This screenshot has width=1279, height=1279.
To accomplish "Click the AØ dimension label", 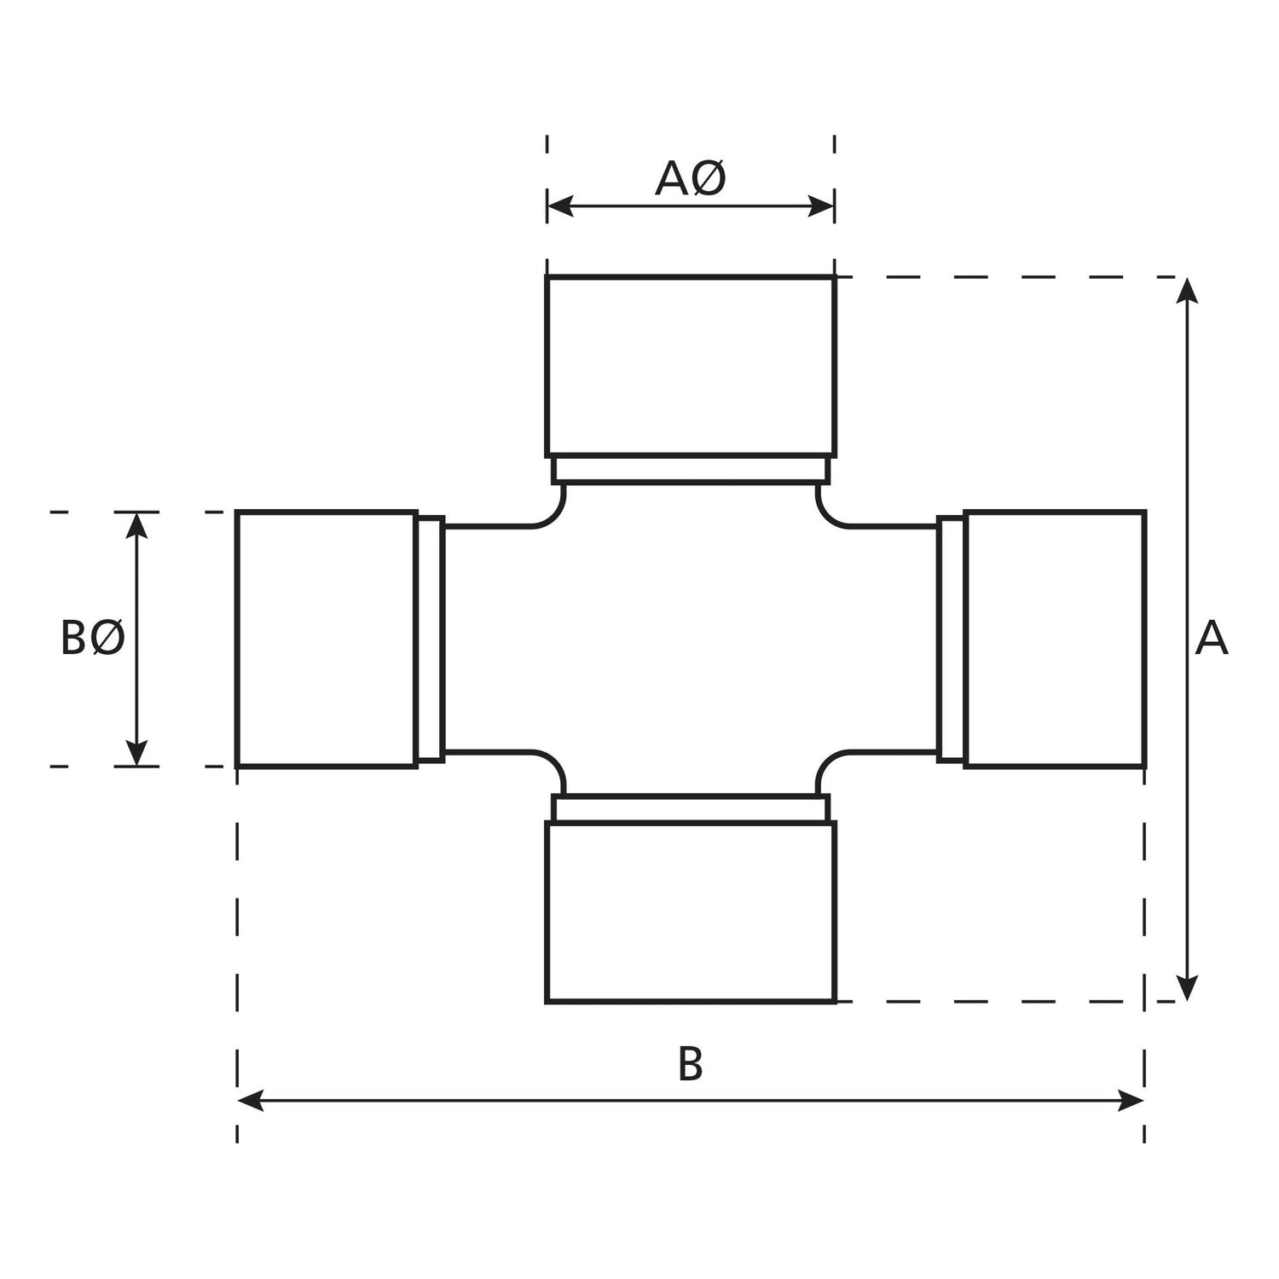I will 690,179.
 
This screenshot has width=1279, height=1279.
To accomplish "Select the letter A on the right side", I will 1211,639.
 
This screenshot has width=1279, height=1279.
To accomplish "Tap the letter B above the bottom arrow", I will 690,1064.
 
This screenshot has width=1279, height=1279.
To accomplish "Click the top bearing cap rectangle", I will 691,366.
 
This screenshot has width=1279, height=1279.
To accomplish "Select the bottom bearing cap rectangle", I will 691,912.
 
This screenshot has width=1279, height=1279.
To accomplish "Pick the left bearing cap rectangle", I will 327,639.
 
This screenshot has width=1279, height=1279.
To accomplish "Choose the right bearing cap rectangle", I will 1055,639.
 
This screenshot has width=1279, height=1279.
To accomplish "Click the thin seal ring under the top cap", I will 691,470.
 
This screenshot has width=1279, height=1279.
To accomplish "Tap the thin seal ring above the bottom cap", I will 691,808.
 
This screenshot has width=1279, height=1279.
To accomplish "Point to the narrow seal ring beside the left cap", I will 431,639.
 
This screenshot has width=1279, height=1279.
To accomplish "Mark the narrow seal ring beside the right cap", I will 951,639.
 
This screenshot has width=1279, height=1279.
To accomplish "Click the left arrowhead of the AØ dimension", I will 559,205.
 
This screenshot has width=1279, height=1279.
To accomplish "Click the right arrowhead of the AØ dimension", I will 821,205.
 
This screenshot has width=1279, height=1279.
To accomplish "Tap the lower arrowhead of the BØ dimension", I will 136,753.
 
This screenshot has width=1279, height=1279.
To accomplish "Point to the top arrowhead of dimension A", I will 1187,291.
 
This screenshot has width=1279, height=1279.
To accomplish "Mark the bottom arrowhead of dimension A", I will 1187,988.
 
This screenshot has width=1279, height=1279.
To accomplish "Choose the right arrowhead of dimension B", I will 1131,1100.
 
